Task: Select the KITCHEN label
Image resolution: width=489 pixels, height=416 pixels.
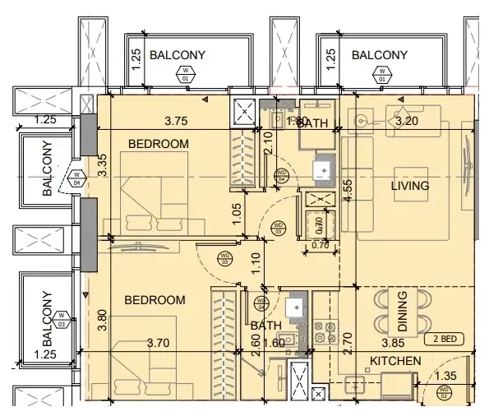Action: (x=395, y=361)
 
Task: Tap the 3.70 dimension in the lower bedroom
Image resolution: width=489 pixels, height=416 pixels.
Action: (x=161, y=342)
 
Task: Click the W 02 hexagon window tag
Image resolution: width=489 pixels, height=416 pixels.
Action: (x=444, y=393)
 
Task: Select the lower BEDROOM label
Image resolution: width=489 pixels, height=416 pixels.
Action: (x=155, y=300)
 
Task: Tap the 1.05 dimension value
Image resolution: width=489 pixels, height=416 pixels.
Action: (x=236, y=213)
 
